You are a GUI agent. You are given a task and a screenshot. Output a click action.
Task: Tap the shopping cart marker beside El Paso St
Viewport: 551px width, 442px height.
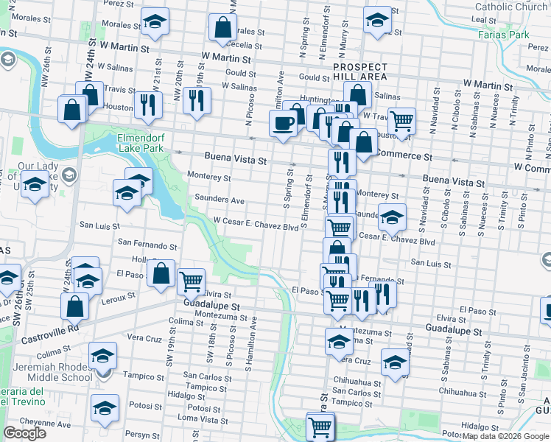click(191, 281)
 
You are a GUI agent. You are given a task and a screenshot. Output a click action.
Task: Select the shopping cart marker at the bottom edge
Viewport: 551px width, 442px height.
click(320, 426)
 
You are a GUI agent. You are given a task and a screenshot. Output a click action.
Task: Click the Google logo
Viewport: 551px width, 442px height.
click(24, 433)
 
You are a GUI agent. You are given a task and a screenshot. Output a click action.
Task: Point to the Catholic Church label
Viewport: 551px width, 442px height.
click(511, 7)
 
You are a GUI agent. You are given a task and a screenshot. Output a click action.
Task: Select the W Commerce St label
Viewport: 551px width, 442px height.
click(402, 156)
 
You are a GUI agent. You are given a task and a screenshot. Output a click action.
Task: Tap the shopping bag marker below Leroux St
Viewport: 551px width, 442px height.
click(74, 306)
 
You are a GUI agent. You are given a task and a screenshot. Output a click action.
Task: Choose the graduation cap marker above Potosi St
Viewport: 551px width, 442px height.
click(105, 407)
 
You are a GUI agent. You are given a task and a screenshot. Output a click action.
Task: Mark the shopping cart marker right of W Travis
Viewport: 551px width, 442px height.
click(401, 119)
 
